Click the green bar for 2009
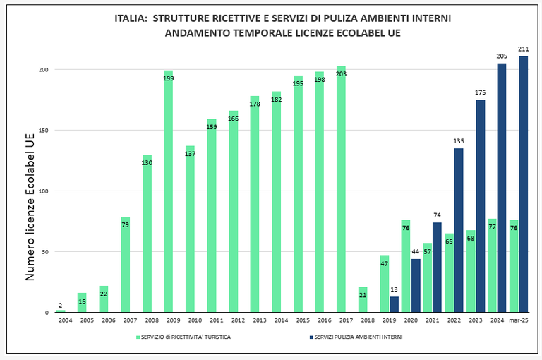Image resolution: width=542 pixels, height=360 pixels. pyautogui.click(x=168, y=191)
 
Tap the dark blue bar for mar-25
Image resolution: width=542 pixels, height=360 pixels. pyautogui.click(x=523, y=184)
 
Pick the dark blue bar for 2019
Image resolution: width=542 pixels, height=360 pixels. pyautogui.click(x=394, y=304)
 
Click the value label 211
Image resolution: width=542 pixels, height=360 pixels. pyautogui.click(x=523, y=49)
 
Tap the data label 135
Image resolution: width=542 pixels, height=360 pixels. pyautogui.click(x=458, y=141)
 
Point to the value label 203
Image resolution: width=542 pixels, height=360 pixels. pyautogui.click(x=341, y=73)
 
